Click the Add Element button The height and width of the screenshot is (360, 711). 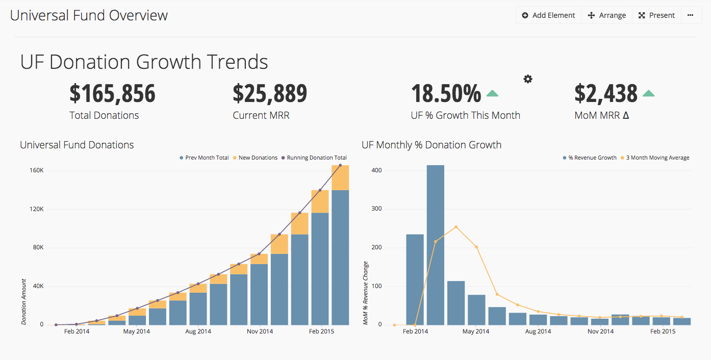coord(548,15)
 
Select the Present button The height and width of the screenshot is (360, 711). coord(657,15)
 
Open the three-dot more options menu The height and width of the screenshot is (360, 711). coord(690,15)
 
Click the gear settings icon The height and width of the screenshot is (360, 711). coord(528,79)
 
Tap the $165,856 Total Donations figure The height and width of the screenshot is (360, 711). coord(112,94)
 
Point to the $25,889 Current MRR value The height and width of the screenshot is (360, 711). coord(270,94)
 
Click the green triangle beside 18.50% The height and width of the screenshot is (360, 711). coord(492,93)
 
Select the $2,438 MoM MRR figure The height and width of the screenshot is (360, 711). coord(606,94)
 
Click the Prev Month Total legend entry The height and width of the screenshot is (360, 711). coord(204,158)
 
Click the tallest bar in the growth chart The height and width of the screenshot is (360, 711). coord(435,245)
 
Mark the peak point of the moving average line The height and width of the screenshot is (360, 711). coord(455,227)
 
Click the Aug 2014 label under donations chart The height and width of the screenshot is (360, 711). coord(198,331)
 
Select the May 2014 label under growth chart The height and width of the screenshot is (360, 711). coord(476,331)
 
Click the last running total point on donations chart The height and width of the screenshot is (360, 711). coord(340,165)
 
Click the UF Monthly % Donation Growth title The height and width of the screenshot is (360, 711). coord(431,145)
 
